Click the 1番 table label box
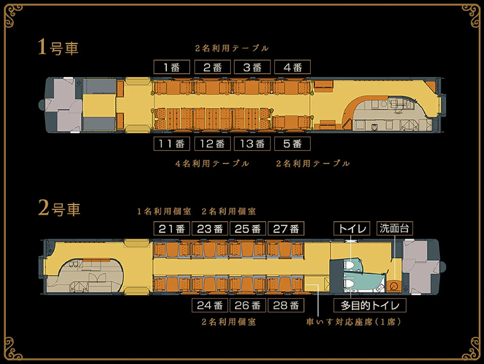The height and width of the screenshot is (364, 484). (x=172, y=67)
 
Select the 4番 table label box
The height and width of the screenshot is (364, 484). (x=292, y=67)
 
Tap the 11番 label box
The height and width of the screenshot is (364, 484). (x=172, y=144)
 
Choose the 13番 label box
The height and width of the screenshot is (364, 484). (x=252, y=144)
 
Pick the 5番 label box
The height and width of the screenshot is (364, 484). (x=292, y=144)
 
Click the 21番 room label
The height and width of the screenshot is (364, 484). (x=172, y=229)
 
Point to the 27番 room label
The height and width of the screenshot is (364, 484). (x=286, y=229)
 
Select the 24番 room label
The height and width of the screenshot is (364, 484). (x=210, y=305)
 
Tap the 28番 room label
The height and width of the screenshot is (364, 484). (x=286, y=305)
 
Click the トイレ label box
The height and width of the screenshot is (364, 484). (x=351, y=228)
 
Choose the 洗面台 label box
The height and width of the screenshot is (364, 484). (x=394, y=228)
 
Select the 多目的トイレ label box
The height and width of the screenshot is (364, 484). (x=370, y=305)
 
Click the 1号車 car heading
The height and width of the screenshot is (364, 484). (x=58, y=47)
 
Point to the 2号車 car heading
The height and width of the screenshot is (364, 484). (x=59, y=208)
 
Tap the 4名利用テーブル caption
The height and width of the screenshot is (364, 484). (x=212, y=163)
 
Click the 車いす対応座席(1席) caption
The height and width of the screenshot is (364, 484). (x=353, y=322)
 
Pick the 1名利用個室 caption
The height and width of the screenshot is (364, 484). (x=164, y=212)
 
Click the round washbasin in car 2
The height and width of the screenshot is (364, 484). (x=393, y=286)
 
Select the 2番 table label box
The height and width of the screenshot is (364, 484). (x=212, y=67)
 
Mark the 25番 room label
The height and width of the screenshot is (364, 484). (x=248, y=229)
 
